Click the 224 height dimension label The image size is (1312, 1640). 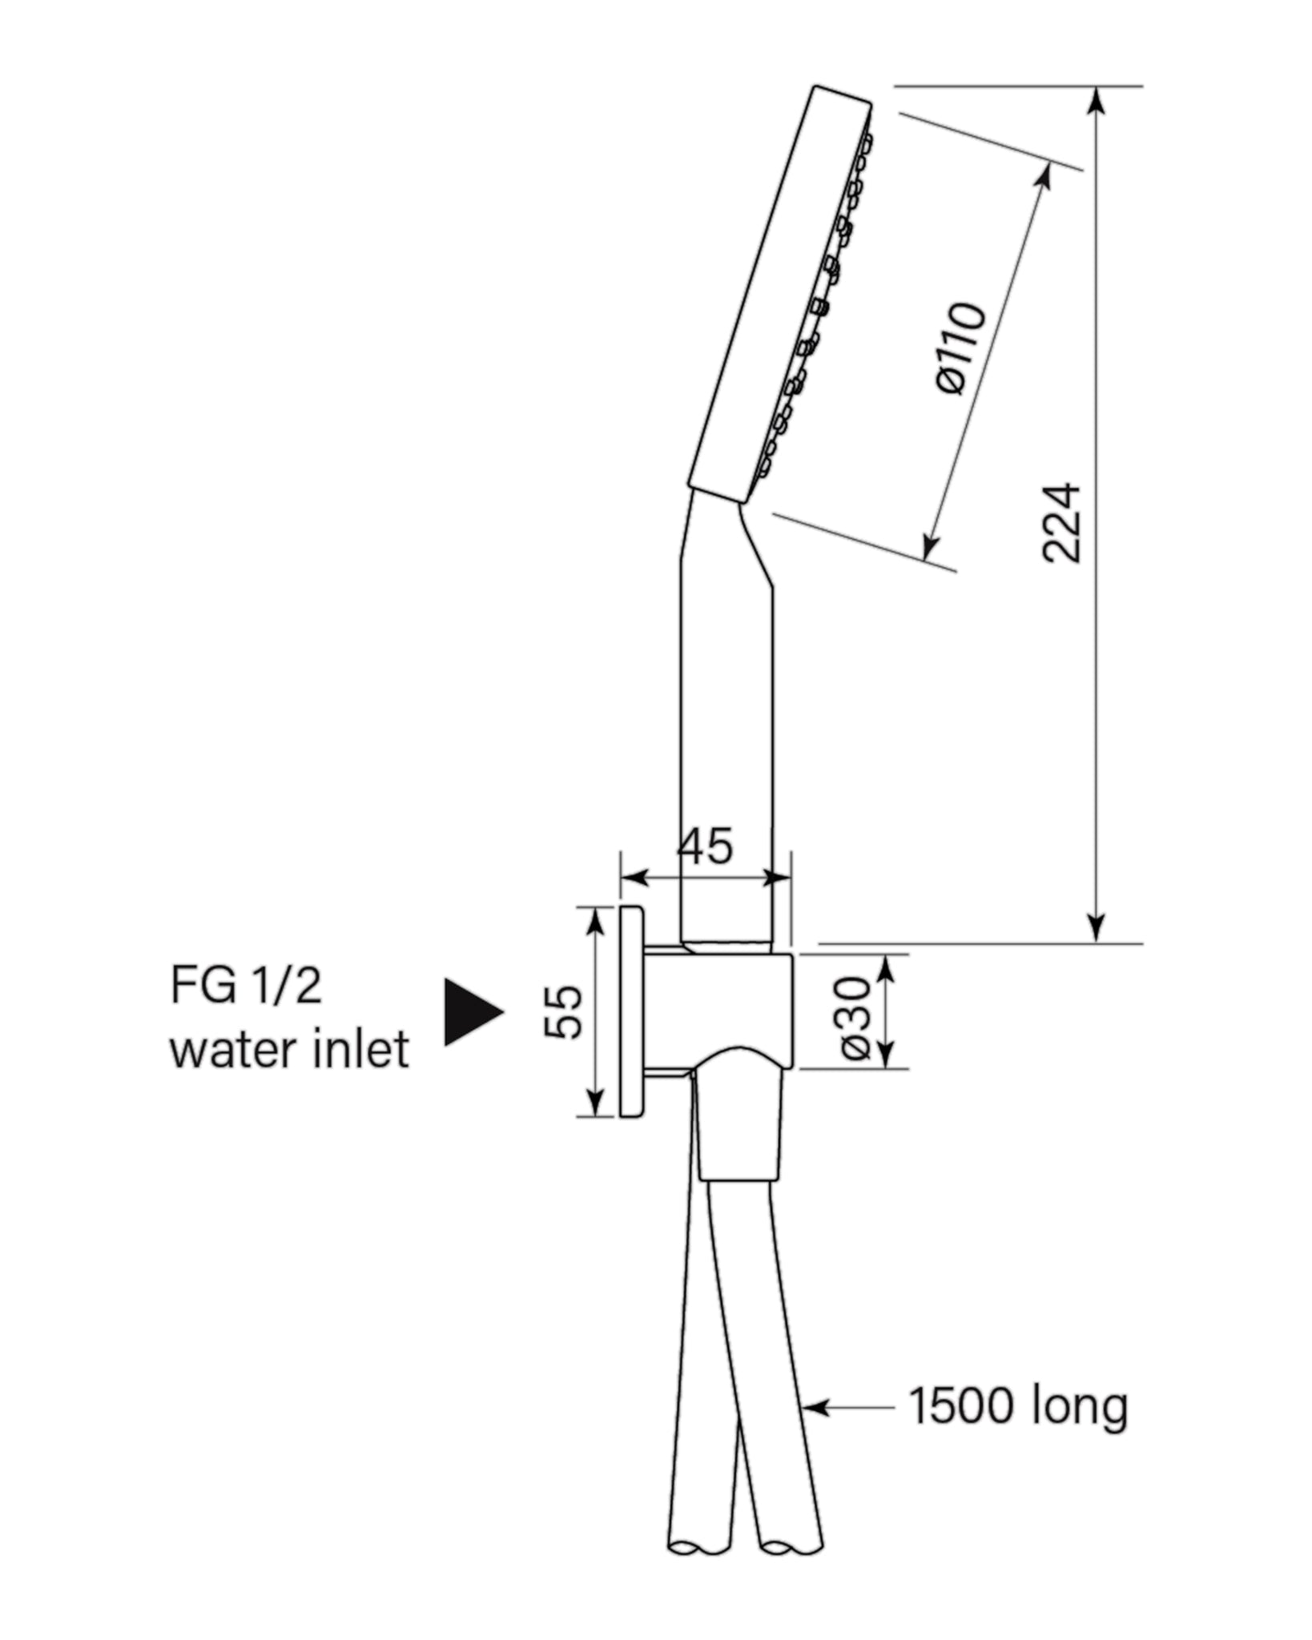1062,522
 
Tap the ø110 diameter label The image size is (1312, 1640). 961,348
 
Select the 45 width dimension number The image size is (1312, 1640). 705,846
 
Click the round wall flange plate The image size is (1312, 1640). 631,1011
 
